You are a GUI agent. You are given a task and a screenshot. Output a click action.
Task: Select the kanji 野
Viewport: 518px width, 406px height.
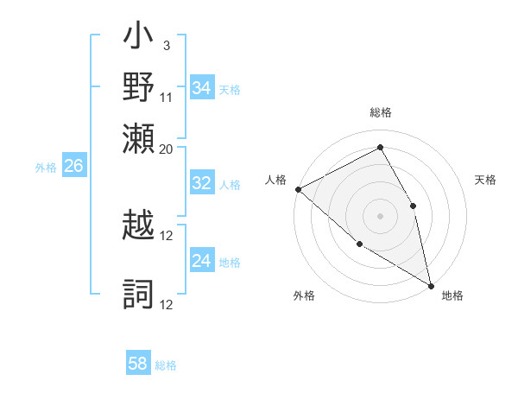coord(139,88)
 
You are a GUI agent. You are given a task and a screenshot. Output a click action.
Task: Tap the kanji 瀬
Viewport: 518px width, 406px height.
coord(139,137)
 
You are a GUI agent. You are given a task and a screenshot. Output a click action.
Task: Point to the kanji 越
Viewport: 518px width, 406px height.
coord(139,227)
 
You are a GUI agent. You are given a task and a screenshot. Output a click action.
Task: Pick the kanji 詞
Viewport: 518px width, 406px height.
coord(139,294)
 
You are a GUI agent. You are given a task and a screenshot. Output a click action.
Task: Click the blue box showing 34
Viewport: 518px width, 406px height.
coord(202,88)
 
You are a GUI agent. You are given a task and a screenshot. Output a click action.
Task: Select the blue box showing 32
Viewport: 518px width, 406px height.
coord(202,183)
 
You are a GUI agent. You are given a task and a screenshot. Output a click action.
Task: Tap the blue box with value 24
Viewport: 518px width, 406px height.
coord(202,261)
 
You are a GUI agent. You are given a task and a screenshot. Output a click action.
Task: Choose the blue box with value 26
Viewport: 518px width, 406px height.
coord(73,167)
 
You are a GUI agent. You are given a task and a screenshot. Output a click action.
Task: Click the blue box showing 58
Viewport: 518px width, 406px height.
coord(138,364)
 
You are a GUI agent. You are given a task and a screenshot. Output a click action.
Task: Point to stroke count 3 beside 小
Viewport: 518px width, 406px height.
coord(166,45)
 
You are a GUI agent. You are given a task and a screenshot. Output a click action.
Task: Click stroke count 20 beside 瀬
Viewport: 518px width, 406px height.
coord(167,149)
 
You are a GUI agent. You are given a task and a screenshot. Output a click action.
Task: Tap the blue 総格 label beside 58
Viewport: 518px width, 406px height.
coord(166,365)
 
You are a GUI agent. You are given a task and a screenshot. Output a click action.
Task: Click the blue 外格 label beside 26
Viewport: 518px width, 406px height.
coord(46,168)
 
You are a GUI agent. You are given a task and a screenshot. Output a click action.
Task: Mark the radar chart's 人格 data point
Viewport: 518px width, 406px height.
coord(298,189)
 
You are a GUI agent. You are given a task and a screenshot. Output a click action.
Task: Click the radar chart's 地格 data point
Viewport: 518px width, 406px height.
coord(431,284)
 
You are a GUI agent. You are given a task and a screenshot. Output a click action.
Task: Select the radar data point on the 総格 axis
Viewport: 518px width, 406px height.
coord(380,148)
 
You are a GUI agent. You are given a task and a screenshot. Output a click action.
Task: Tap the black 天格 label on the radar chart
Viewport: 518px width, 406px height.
coord(485,180)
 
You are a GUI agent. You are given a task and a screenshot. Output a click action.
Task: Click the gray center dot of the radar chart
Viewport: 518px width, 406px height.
coord(380,215)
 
